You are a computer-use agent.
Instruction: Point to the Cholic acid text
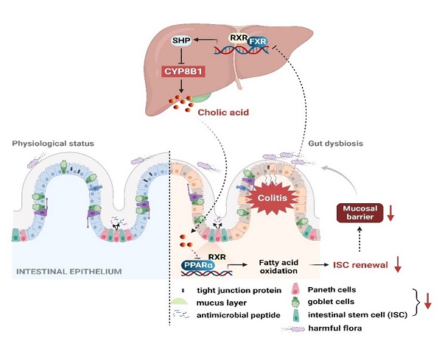click(x=223, y=112)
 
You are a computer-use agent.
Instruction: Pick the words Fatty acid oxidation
click(x=285, y=266)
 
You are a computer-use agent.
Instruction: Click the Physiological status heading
click(x=56, y=141)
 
